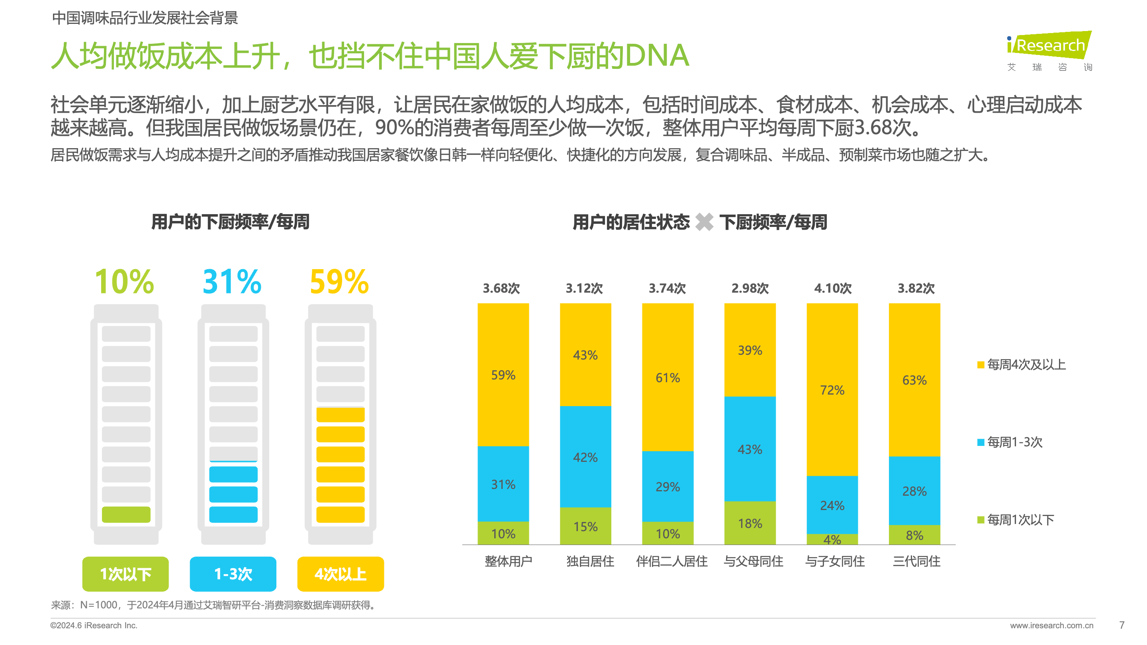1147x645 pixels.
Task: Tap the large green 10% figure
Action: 124,282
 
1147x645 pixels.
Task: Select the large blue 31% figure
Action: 232,282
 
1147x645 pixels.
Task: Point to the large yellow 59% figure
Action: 339,282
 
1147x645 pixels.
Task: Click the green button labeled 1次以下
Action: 125,574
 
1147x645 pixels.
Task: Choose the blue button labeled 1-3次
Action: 233,574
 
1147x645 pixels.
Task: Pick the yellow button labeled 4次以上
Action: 341,574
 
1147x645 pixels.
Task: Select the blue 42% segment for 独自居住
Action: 585,457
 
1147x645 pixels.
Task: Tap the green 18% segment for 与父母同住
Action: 750,523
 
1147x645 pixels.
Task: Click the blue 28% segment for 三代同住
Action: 914,491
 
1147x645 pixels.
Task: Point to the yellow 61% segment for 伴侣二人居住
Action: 667,377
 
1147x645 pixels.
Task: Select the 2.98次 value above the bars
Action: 750,288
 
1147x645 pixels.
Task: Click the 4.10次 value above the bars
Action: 833,288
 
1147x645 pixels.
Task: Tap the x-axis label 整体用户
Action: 508,561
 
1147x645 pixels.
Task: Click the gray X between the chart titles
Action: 704,222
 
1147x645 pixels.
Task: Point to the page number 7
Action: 1122,625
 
